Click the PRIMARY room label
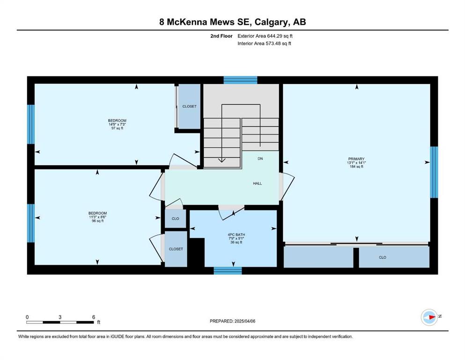click(356, 159)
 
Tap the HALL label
click(258, 183)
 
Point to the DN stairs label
click(260, 159)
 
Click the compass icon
click(429, 317)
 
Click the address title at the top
click(232, 22)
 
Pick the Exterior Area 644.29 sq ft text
click(265, 36)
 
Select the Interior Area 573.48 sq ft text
click(264, 43)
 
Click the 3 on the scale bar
click(60, 317)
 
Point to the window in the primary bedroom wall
click(434, 172)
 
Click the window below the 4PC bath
click(228, 270)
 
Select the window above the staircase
click(240, 80)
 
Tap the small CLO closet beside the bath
click(175, 218)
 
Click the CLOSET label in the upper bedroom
click(189, 106)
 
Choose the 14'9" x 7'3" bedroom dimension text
click(117, 124)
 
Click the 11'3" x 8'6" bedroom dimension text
click(97, 217)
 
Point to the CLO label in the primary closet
click(383, 257)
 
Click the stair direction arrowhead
click(221, 161)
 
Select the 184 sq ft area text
click(356, 166)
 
